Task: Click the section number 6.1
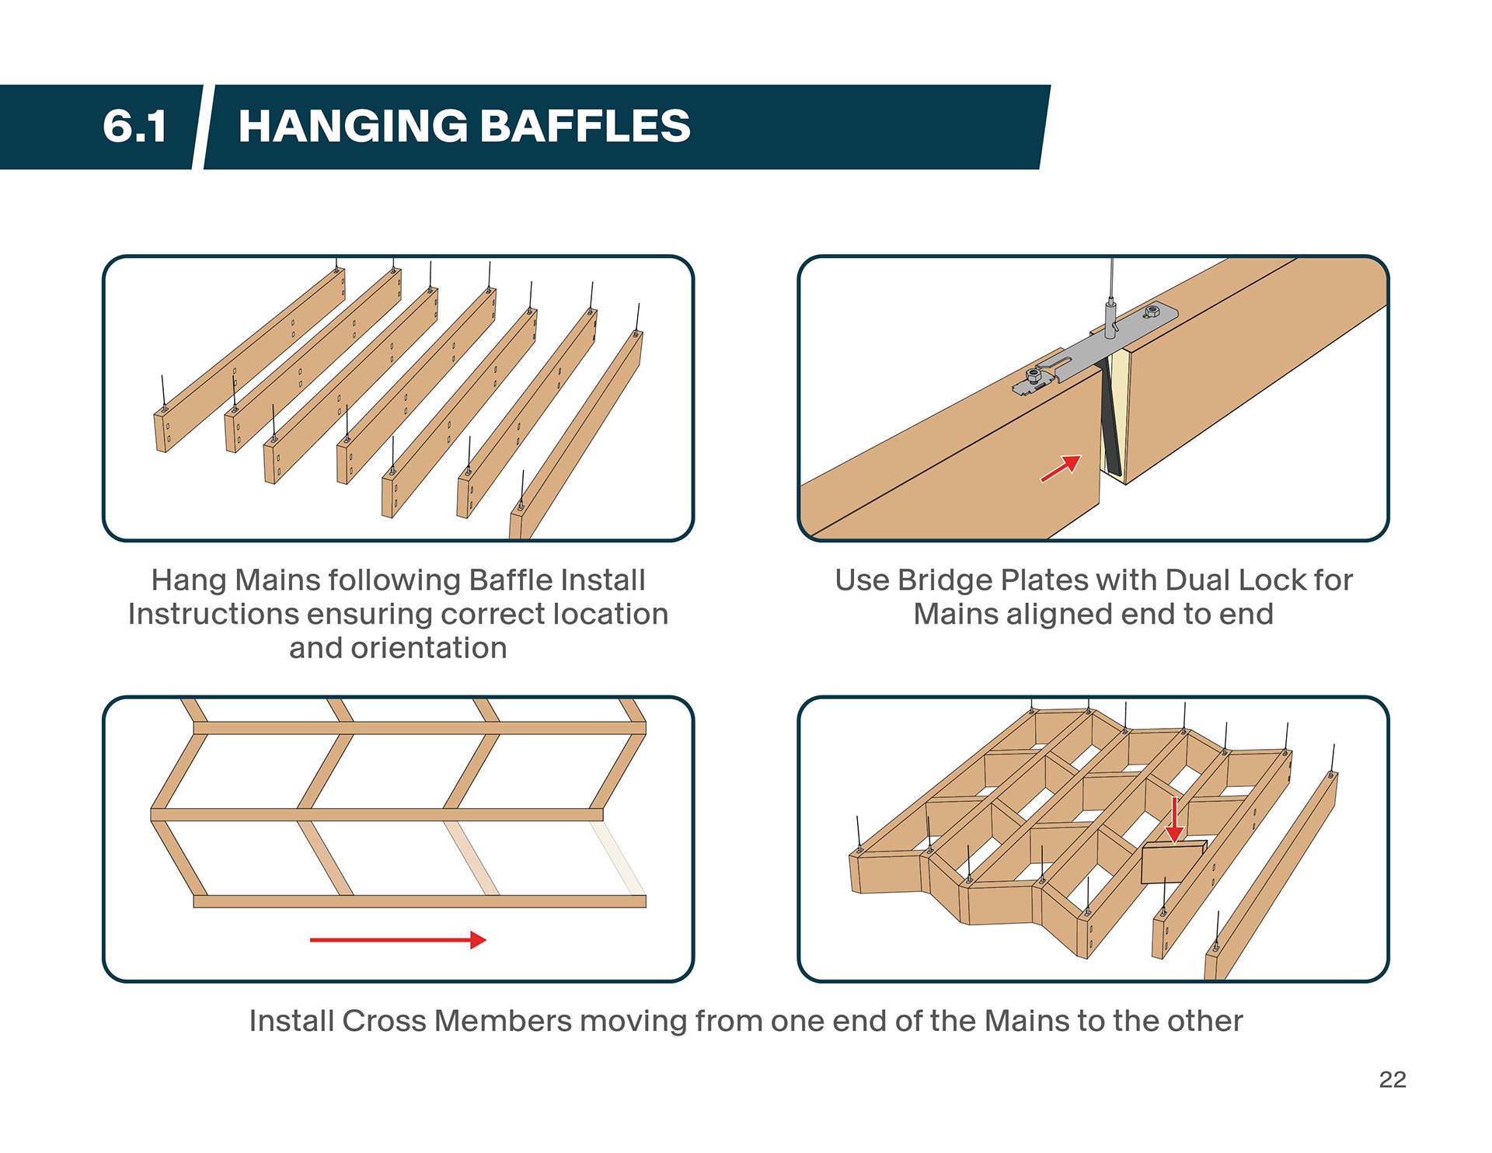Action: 134,127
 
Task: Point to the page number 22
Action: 1392,1079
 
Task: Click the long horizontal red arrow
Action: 397,940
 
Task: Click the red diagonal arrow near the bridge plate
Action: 1061,469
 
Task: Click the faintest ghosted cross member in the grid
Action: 618,858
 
